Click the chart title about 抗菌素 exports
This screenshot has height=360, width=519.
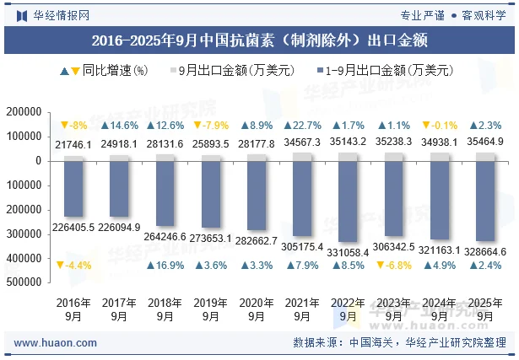coord(259,39)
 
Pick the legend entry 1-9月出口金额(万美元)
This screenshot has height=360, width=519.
coord(387,72)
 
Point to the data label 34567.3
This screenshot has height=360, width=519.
coord(301,144)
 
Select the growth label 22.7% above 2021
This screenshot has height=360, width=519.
coord(301,126)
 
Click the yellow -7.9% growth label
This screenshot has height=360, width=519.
coord(210,126)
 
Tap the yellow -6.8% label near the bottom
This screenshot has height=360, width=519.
coord(392,266)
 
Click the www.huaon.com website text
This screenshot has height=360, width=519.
coord(49,343)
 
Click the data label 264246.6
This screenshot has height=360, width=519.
coord(165,237)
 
